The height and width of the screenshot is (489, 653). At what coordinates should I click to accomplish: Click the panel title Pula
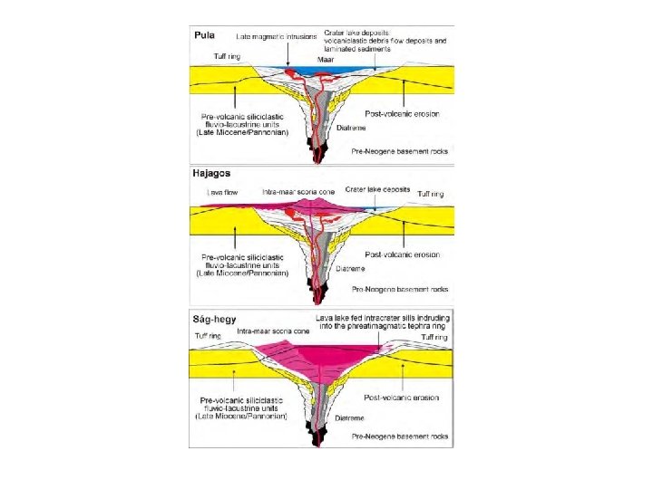(x=202, y=36)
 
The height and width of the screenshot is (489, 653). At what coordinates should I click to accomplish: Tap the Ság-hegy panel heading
(x=214, y=319)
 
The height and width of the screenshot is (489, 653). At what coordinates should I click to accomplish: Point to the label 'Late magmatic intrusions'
(x=277, y=37)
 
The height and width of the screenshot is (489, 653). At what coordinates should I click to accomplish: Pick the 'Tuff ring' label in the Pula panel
(x=227, y=57)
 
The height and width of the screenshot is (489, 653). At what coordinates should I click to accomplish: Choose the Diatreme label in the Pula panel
(x=351, y=128)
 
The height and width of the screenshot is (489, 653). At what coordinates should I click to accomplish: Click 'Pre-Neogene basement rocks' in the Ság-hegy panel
(x=400, y=436)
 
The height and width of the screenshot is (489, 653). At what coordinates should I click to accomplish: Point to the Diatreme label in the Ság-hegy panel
(x=350, y=418)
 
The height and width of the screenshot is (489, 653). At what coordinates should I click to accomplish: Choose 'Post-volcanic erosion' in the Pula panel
(x=402, y=114)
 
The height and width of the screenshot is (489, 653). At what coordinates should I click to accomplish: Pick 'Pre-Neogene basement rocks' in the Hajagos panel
(x=400, y=289)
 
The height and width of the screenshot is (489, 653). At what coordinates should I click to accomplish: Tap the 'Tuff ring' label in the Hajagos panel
(x=432, y=193)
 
